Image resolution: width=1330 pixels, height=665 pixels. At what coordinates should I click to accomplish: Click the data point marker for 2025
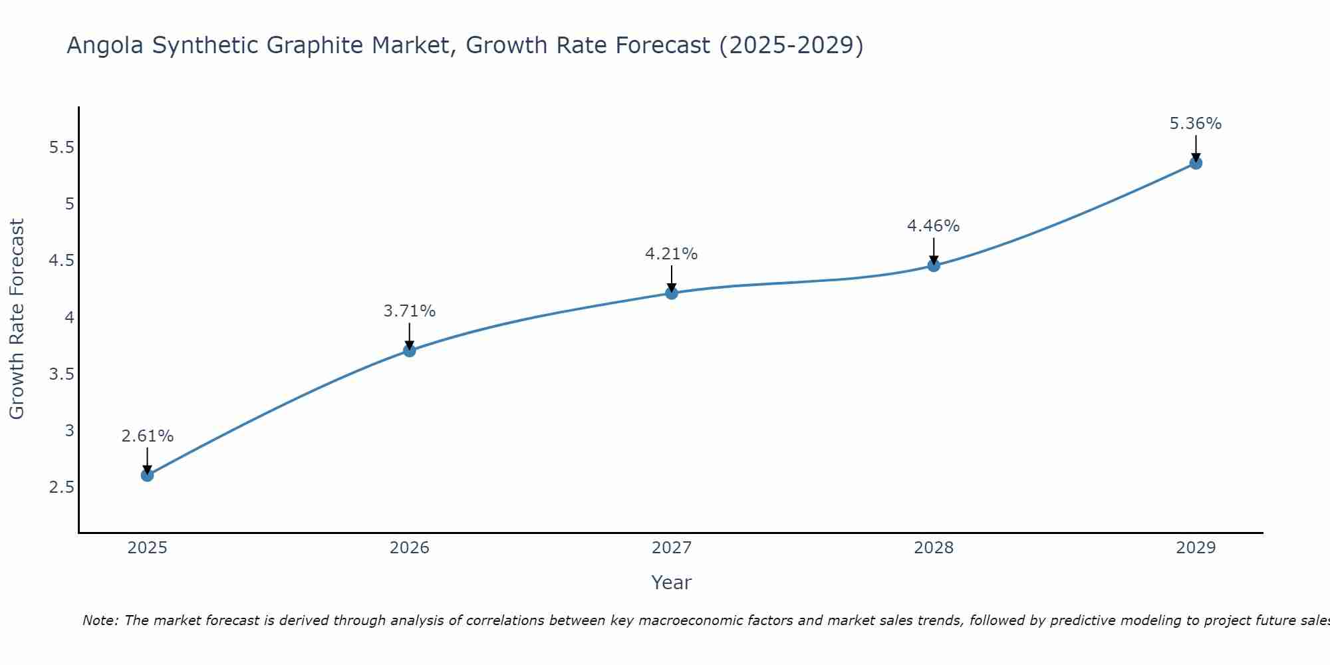(148, 475)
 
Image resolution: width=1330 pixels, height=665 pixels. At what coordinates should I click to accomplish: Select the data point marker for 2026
(410, 350)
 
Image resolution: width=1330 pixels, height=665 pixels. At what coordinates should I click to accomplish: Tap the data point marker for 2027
(672, 293)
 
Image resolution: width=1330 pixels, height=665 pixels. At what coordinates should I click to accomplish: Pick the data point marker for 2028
(934, 265)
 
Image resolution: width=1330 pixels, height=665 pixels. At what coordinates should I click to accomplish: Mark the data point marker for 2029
(1196, 163)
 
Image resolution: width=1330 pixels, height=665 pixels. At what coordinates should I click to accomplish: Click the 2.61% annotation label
(148, 436)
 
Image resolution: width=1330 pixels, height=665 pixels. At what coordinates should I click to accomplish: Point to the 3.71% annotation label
(410, 311)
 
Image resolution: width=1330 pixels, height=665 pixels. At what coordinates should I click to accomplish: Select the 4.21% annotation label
(672, 254)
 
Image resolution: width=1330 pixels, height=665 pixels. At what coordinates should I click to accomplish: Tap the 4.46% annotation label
(934, 226)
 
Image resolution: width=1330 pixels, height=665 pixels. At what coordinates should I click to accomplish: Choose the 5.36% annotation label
(1196, 124)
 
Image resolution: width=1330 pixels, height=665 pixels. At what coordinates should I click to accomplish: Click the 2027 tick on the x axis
(672, 548)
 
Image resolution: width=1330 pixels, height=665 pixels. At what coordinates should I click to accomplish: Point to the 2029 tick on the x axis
(1196, 548)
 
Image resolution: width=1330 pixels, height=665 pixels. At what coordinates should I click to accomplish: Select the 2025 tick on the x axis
(148, 548)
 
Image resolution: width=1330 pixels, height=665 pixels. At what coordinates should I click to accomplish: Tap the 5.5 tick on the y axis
(61, 148)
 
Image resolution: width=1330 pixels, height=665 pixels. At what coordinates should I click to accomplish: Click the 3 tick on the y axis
(69, 431)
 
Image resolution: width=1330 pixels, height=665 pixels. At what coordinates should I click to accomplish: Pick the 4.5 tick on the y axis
(61, 261)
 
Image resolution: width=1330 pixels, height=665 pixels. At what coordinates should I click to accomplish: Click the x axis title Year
(672, 583)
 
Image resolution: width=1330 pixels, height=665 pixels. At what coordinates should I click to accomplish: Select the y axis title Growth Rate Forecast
(17, 319)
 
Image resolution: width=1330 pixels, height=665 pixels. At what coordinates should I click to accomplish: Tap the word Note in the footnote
(98, 620)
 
